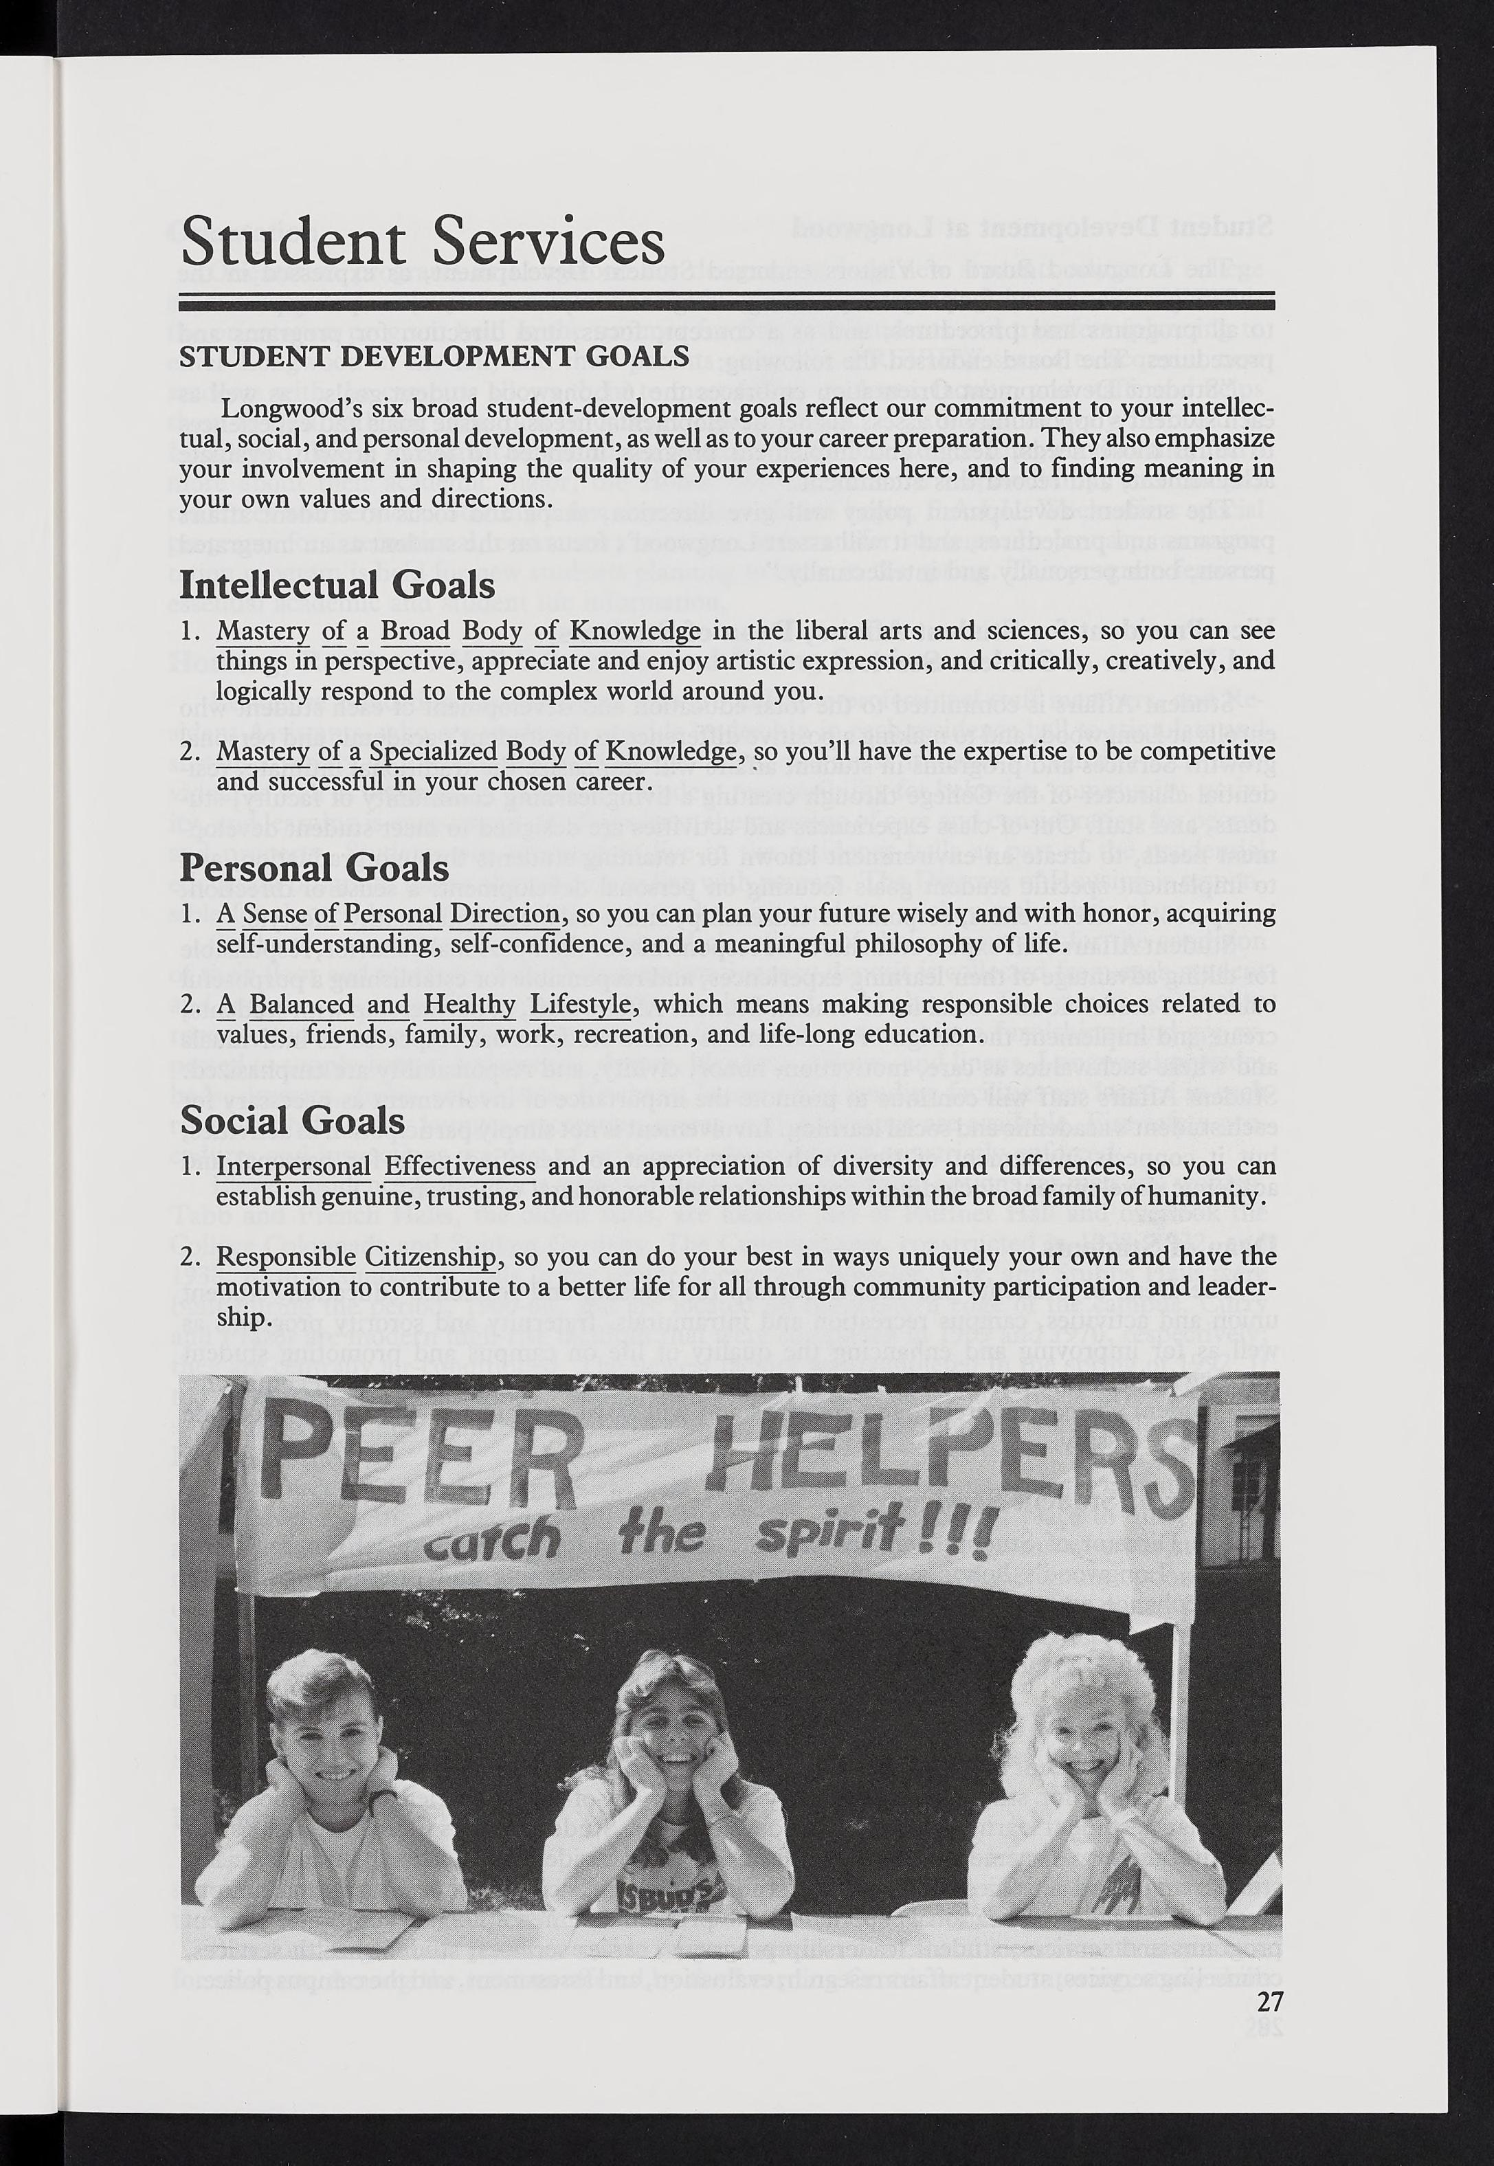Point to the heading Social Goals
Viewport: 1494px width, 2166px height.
point(292,1120)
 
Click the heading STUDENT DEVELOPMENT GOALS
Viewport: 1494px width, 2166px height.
point(434,356)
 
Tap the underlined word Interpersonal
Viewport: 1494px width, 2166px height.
point(294,1168)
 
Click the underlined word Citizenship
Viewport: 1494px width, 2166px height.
point(431,1257)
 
